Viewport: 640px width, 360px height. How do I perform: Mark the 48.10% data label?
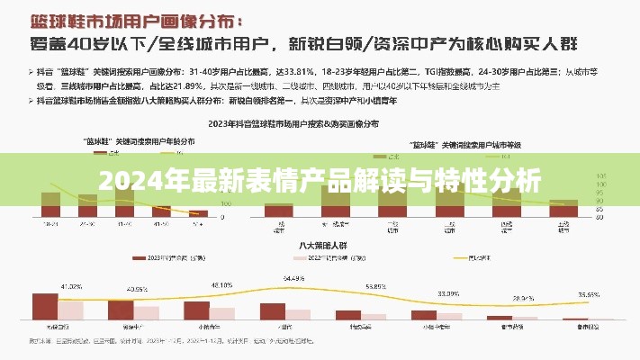tap(221, 284)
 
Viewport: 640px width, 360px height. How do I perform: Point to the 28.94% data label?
tap(523, 297)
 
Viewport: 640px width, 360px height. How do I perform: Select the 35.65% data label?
tap(590, 294)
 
